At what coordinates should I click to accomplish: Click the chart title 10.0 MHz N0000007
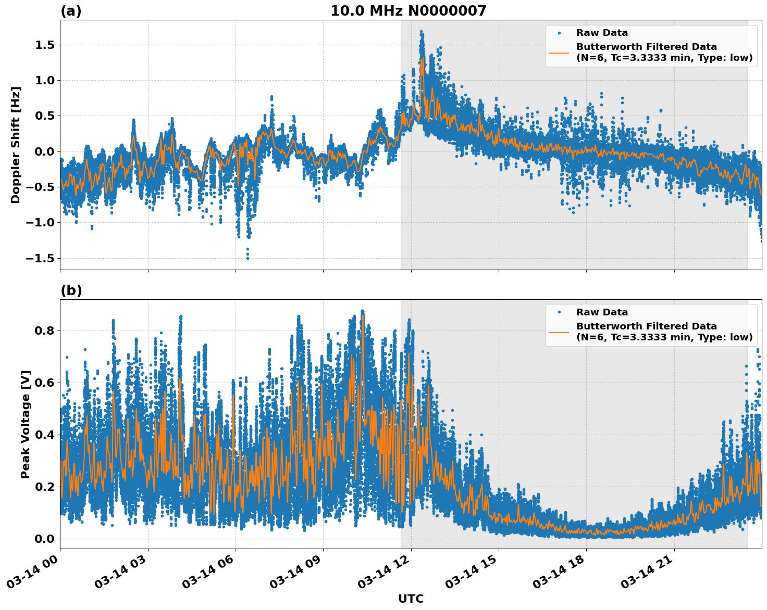click(x=408, y=11)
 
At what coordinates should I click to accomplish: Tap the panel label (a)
click(x=71, y=11)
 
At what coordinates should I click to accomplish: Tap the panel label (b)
click(x=71, y=290)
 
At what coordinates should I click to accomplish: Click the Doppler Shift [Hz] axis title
click(x=16, y=145)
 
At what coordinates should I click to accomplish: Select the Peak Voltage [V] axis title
click(x=26, y=424)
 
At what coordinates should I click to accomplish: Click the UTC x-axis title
click(x=411, y=599)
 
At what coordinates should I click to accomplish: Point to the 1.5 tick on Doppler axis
click(x=44, y=45)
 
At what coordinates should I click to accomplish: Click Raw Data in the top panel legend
click(x=602, y=33)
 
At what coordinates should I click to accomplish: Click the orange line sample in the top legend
click(x=559, y=52)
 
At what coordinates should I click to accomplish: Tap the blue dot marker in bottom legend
click(x=559, y=312)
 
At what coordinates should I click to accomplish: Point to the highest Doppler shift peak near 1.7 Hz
click(x=421, y=32)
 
